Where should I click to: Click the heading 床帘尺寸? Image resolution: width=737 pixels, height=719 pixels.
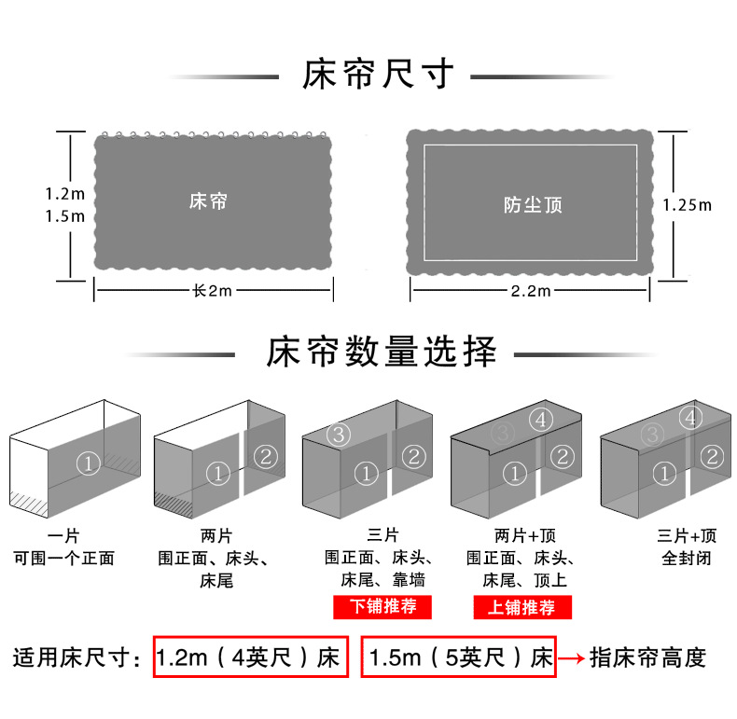378,75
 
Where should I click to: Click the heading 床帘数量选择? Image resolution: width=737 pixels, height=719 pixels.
382,353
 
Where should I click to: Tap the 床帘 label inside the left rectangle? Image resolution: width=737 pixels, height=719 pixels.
208,200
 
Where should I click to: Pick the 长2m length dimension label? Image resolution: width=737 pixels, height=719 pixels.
212,291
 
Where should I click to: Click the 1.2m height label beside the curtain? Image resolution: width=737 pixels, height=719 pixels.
65,195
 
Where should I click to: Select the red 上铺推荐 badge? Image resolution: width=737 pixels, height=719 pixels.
521,607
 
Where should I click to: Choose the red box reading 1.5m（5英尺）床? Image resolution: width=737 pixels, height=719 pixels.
458,657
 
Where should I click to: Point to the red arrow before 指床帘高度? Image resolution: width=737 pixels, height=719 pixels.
572,658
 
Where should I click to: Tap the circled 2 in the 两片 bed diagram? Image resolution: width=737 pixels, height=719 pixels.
266,456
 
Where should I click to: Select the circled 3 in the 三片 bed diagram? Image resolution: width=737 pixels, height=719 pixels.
339,434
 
